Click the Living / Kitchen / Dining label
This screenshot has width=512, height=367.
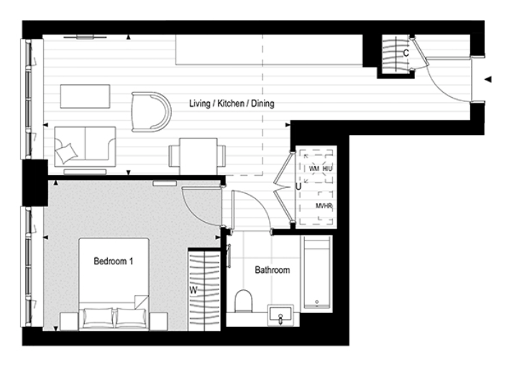231,104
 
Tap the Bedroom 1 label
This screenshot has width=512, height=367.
114,261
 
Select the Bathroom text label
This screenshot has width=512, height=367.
273,270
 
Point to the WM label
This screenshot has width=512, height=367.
314,168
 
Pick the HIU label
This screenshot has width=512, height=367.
328,168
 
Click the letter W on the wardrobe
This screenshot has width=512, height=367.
193,291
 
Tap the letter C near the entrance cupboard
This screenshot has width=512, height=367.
406,53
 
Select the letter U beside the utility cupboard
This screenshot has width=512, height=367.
298,187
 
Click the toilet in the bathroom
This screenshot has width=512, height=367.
243,299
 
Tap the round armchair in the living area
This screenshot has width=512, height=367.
151,111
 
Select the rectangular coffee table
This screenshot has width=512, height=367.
85,96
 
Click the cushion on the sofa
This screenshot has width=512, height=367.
67,152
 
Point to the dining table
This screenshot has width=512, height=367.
198,154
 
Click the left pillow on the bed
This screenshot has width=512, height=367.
96,317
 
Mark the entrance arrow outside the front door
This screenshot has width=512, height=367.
489,78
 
